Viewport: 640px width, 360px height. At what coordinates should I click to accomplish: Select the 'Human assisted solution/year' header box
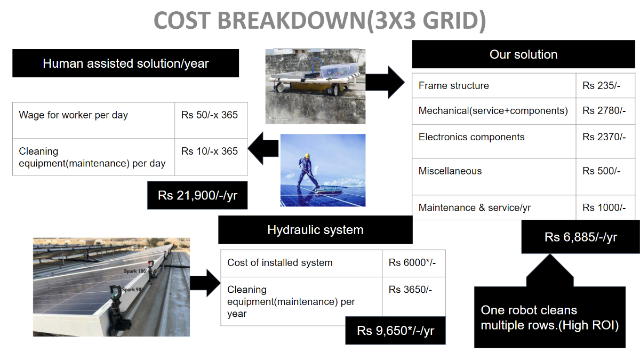point(125,63)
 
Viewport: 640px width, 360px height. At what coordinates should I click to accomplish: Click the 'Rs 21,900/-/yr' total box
point(197,195)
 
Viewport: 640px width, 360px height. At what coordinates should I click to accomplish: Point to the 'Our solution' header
point(523,54)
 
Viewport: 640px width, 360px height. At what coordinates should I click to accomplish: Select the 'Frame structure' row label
point(454,86)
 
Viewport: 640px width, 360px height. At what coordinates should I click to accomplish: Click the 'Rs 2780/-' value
point(604,110)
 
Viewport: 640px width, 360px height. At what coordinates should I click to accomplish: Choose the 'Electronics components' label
point(471,137)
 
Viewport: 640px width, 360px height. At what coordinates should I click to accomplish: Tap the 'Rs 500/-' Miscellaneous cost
point(601,171)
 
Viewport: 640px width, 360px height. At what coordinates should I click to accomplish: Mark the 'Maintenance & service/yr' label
point(475,207)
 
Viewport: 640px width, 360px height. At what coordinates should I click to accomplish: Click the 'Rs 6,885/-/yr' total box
point(580,237)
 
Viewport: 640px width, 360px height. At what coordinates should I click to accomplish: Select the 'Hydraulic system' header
point(315,230)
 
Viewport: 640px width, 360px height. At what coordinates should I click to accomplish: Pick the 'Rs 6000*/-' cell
point(412,262)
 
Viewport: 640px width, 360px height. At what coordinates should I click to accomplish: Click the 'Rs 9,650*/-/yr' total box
point(395,331)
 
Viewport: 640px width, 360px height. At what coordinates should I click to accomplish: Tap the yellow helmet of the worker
point(307,156)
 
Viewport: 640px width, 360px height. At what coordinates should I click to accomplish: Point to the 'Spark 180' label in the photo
point(135,271)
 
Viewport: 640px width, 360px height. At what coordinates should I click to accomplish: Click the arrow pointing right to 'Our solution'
point(385,82)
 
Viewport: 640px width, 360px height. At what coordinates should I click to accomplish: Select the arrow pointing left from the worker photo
point(263,148)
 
